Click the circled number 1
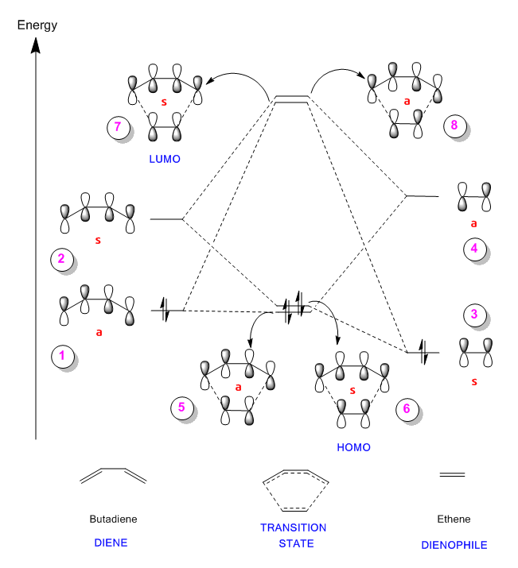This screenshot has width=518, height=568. tap(62, 356)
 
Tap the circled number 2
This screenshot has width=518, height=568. tap(62, 259)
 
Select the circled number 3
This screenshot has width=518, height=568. tap(475, 315)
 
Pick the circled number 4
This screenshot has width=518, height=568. tap(475, 249)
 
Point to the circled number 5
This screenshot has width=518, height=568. tap(182, 408)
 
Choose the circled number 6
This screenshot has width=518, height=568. tap(407, 409)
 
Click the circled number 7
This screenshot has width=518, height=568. tap(119, 127)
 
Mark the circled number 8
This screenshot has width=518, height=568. tap(455, 126)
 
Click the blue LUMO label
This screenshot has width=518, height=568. tap(165, 159)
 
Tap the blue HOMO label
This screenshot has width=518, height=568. tap(353, 447)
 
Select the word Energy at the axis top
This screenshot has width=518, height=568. tap(37, 25)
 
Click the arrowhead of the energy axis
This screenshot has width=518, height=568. tap(36, 45)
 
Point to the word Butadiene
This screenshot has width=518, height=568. tap(113, 519)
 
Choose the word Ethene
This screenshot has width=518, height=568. tap(454, 519)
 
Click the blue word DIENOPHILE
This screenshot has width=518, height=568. tap(454, 545)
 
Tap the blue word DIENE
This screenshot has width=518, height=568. tap(111, 543)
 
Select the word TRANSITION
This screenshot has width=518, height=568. tap(294, 527)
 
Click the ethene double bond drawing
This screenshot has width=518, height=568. tap(452, 474)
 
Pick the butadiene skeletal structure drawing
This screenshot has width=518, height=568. tap(113, 476)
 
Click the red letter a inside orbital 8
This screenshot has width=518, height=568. tap(407, 102)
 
